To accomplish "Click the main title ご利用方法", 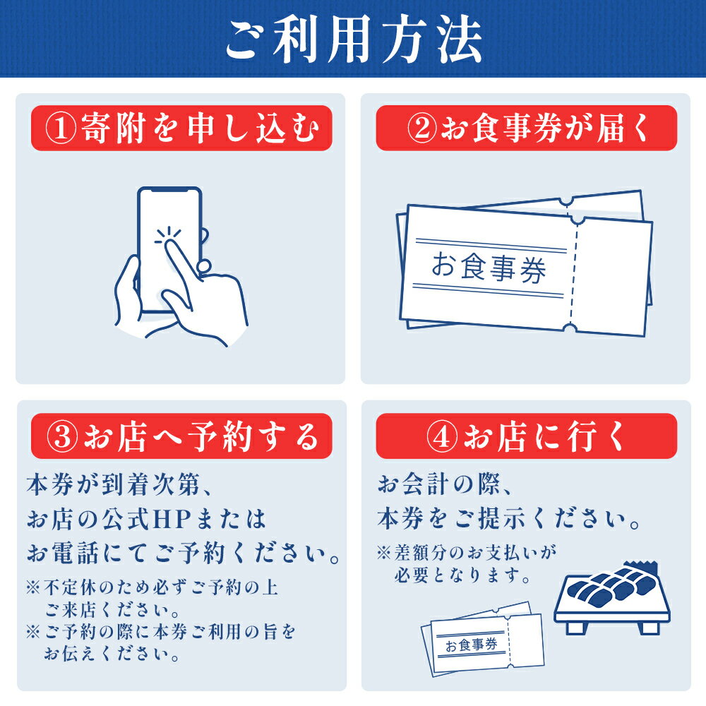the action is click(354, 39).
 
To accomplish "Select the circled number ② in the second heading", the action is click(422, 128).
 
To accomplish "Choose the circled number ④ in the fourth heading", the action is click(442, 436).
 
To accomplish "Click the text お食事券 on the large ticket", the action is click(489, 268).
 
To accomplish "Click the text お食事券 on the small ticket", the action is click(471, 645).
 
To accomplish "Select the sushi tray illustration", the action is click(612, 598).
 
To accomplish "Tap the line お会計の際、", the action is click(444, 485).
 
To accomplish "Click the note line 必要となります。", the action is click(462, 575).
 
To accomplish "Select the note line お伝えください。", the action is click(112, 654).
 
